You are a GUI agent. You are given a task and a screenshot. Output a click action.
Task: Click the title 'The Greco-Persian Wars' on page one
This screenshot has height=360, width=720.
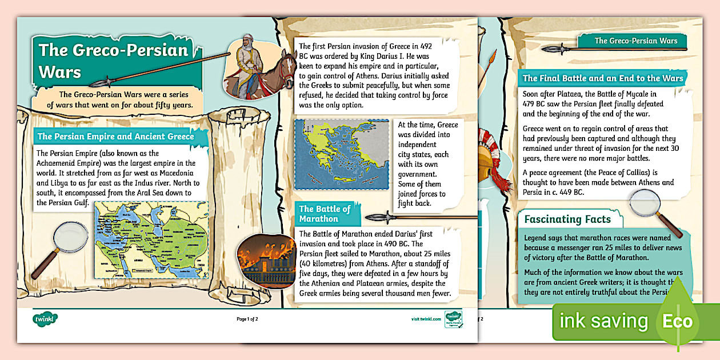pyautogui.click(x=113, y=60)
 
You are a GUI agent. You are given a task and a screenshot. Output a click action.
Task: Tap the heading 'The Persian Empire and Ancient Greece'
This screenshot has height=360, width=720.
pyautogui.click(x=115, y=137)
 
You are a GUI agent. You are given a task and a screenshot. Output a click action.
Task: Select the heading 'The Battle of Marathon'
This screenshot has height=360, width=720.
pyautogui.click(x=325, y=213)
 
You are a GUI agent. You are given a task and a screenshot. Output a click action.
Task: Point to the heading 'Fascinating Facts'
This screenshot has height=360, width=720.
pyautogui.click(x=567, y=219)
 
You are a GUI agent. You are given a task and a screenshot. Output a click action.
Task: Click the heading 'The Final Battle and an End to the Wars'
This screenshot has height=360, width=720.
pyautogui.click(x=602, y=78)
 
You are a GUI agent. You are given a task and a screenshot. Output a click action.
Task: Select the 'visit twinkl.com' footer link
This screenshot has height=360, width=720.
pyautogui.click(x=426, y=319)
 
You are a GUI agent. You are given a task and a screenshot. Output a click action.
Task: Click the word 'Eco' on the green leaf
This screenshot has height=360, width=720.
pyautogui.click(x=677, y=321)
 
